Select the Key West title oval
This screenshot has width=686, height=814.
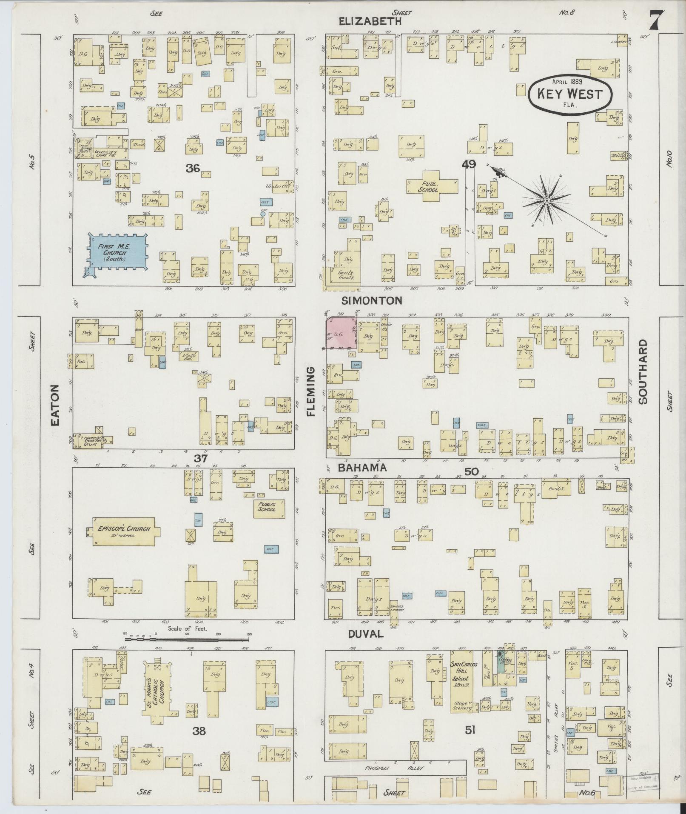[570, 94]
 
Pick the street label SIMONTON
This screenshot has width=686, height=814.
[372, 300]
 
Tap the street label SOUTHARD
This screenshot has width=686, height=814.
[642, 371]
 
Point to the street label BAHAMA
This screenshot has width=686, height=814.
[362, 468]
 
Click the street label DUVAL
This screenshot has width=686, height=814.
[366, 634]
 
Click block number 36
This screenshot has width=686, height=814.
[193, 168]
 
